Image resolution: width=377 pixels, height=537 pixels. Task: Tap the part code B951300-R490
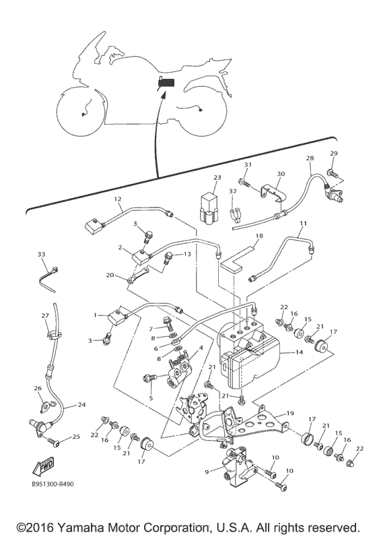click(53, 484)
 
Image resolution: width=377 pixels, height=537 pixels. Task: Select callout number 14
click(299, 352)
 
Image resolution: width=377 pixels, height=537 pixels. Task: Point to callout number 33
click(41, 255)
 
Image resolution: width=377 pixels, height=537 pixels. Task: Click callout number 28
click(310, 158)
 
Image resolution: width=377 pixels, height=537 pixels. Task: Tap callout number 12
click(118, 199)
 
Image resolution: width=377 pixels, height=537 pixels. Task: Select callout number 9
click(207, 472)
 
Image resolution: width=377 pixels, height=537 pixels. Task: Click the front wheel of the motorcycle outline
click(81, 112)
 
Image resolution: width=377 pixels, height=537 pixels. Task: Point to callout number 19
click(290, 414)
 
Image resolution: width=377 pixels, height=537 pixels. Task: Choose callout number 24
click(81, 404)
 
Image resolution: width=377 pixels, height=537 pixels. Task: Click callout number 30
click(281, 174)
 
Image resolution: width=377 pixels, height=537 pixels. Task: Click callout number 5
click(151, 398)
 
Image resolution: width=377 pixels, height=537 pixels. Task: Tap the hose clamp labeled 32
click(234, 214)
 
